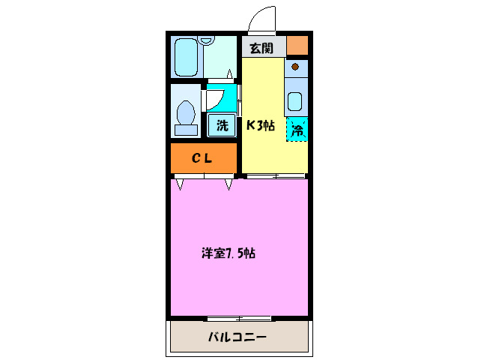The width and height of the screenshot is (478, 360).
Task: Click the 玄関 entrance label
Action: click(x=261, y=49)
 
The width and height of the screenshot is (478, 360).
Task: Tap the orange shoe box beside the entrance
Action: click(x=297, y=44)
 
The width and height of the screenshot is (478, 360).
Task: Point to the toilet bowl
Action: click(x=186, y=116)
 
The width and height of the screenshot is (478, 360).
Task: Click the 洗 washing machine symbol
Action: click(x=222, y=125)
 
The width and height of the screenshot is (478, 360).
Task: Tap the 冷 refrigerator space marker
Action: click(x=297, y=129)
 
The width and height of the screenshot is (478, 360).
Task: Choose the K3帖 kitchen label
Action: click(x=260, y=125)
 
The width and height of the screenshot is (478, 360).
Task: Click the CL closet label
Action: click(x=202, y=158)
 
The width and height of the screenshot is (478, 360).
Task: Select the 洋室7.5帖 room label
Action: click(x=229, y=253)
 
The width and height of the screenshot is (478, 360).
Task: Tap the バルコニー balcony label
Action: click(x=237, y=337)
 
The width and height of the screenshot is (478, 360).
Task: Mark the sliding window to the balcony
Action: click(x=239, y=318)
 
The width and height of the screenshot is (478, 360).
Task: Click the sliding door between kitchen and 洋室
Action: click(x=276, y=176)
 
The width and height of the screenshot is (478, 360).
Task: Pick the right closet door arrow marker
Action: click(x=229, y=183)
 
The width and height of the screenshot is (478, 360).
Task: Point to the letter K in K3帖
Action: click(x=251, y=125)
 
